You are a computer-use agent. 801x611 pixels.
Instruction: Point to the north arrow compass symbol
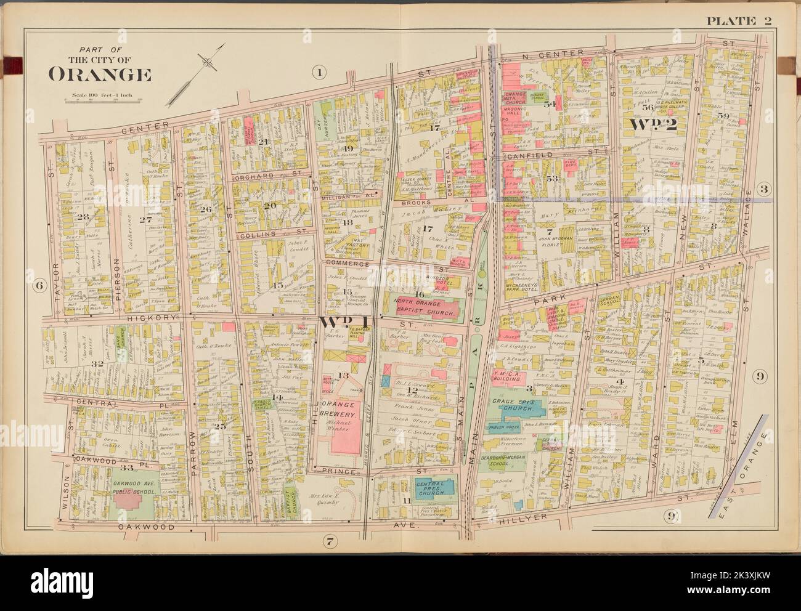(210, 62)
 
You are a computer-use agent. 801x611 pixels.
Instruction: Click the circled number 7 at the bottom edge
(330, 541)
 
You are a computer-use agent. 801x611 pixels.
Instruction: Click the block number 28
(83, 217)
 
